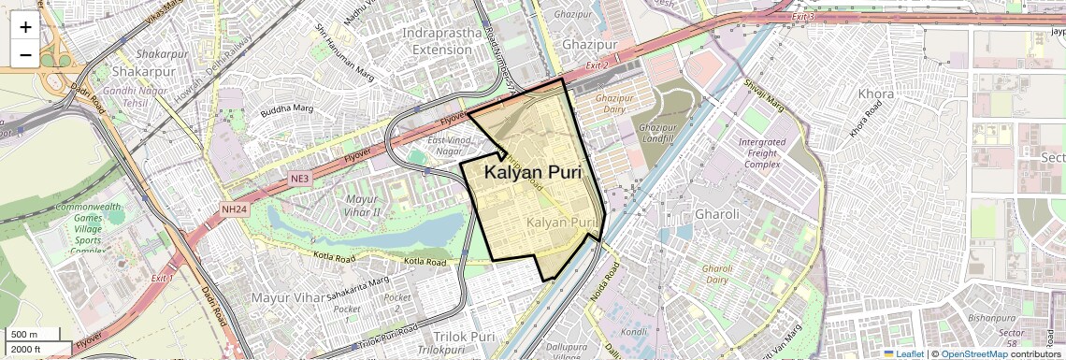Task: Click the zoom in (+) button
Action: tap(25, 26)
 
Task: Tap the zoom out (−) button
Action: tap(25, 54)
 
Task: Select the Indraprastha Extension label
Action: tap(443, 41)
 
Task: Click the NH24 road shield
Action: tap(234, 209)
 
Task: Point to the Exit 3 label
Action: tap(803, 17)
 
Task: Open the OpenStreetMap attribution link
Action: tap(974, 353)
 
